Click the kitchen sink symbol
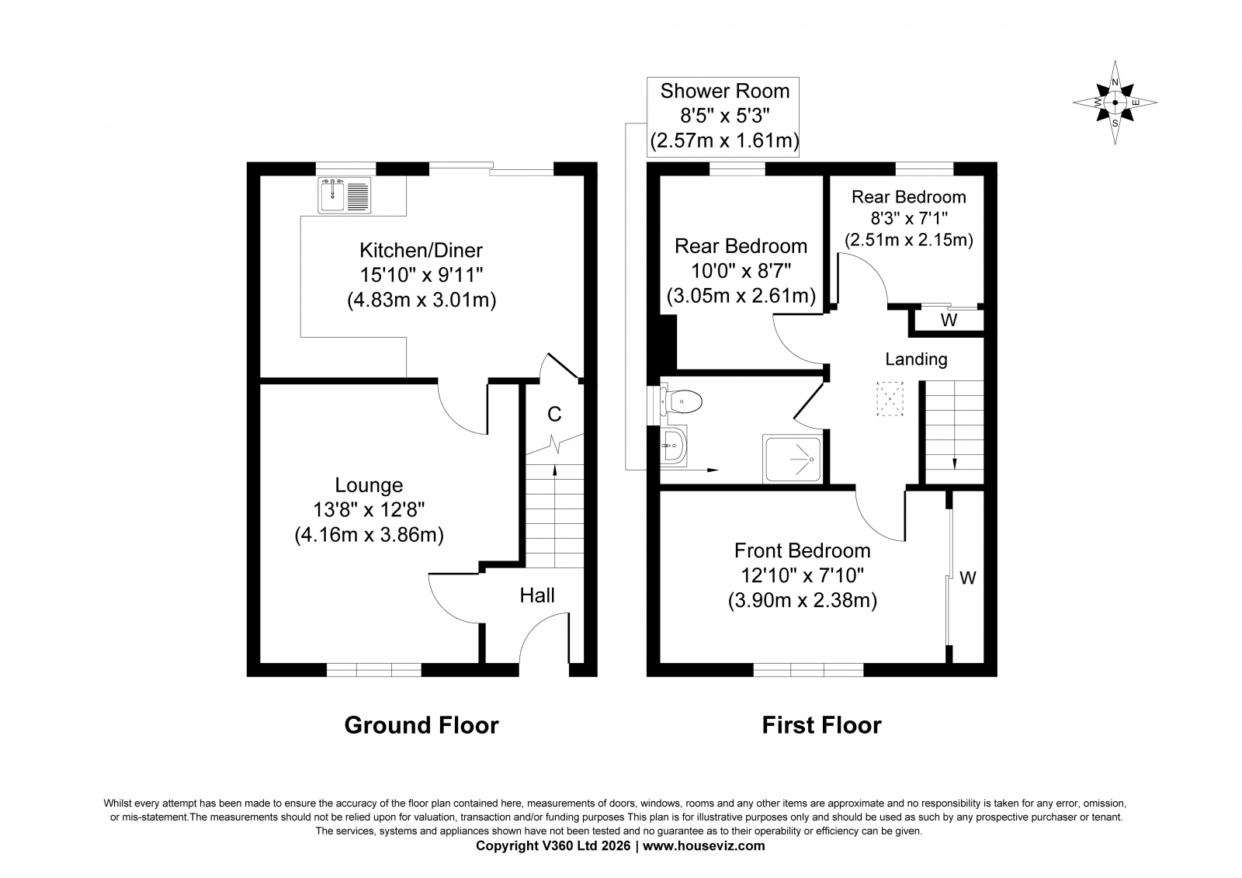(345, 195)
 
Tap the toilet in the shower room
(682, 401)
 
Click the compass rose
(1115, 102)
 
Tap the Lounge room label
(369, 485)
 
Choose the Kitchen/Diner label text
(421, 251)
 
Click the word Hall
(537, 595)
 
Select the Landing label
(916, 359)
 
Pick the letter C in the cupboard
(554, 414)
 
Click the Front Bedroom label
(803, 550)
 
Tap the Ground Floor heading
(422, 726)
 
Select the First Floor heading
(822, 726)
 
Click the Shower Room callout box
(723, 117)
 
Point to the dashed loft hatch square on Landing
(890, 399)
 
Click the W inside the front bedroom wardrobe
(967, 578)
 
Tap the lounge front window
(373, 670)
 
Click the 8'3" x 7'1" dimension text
(909, 218)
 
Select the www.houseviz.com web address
(703, 846)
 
